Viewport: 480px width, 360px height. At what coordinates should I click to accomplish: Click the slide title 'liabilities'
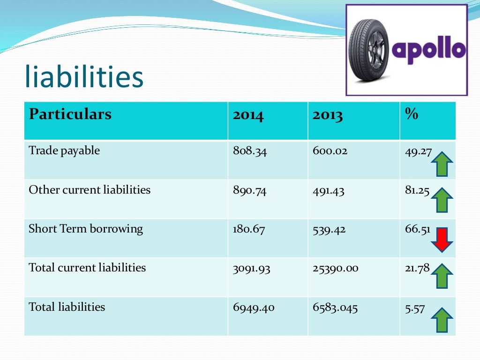pyautogui.click(x=84, y=78)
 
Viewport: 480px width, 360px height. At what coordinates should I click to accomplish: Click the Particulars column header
pyautogui.click(x=70, y=114)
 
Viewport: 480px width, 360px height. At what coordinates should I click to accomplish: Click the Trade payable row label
pyautogui.click(x=64, y=151)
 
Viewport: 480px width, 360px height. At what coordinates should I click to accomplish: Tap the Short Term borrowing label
pyautogui.click(x=86, y=229)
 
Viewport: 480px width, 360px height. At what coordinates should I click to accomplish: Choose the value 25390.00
pyautogui.click(x=335, y=268)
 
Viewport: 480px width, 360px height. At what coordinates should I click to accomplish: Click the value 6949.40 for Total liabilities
pyautogui.click(x=254, y=307)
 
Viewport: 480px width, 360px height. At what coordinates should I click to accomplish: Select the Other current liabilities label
pyautogui.click(x=90, y=190)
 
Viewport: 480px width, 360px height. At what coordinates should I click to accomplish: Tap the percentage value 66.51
pyautogui.click(x=416, y=229)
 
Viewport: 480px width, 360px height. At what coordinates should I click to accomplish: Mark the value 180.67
pyautogui.click(x=248, y=229)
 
